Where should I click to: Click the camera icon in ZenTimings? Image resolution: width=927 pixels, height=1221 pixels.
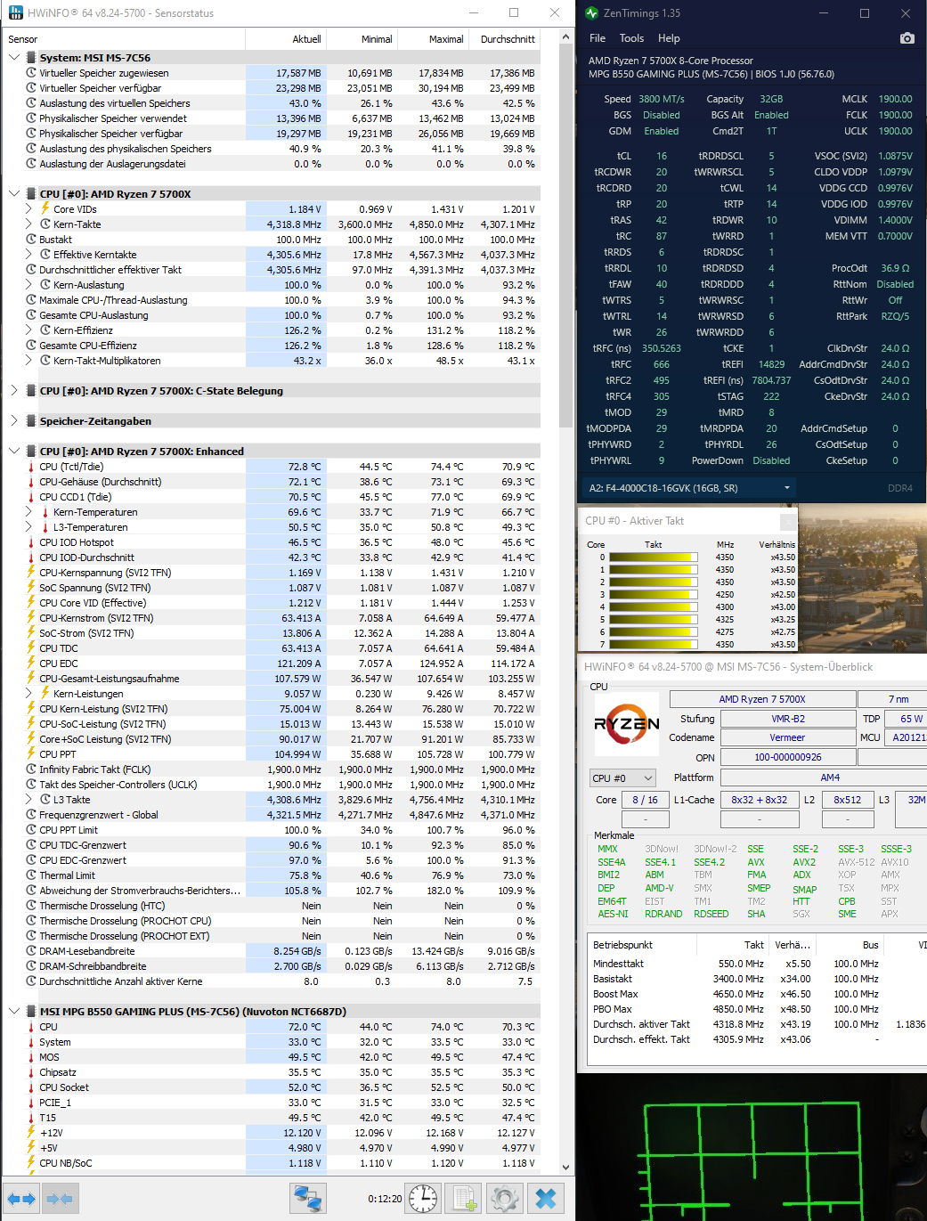coord(907,38)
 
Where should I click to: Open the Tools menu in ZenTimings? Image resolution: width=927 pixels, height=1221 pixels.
coord(631,38)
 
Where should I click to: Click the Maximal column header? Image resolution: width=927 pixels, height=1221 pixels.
coord(445,39)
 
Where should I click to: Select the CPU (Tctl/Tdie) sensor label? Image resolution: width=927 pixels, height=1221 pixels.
coord(71,467)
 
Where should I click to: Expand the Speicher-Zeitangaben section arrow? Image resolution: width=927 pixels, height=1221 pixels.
coord(14,421)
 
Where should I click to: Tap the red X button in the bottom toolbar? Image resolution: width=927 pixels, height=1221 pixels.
coord(546,1198)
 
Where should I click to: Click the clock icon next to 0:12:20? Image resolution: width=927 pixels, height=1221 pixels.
coord(423,1198)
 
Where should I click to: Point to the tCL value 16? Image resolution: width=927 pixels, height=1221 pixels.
coord(662,156)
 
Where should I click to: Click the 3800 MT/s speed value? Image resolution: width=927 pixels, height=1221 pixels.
coord(661,99)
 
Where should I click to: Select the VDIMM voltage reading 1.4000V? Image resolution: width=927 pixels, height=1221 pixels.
coord(895,220)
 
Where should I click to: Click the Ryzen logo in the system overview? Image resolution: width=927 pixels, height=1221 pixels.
coord(627,724)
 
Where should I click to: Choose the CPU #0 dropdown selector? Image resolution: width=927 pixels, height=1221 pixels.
coord(622,777)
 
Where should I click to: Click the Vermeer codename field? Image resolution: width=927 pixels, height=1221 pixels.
coord(787,737)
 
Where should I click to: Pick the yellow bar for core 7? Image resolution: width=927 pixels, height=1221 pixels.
coord(653,644)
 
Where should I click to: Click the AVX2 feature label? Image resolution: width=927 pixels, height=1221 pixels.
coord(804,862)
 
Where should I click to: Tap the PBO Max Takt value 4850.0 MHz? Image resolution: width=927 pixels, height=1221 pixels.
coord(741,1009)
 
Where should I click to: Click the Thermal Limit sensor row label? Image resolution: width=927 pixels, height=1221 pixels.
coord(67,875)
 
